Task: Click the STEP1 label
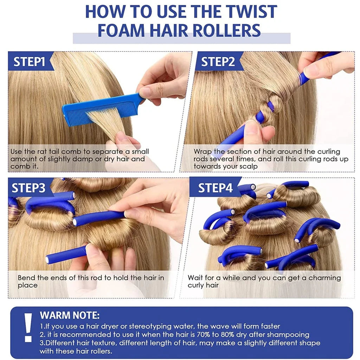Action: (29, 62)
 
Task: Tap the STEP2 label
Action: (218, 62)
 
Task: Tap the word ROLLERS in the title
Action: (227, 30)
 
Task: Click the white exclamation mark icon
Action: (28, 327)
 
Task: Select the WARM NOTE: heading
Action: (70, 315)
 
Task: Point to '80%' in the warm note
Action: (227, 334)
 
